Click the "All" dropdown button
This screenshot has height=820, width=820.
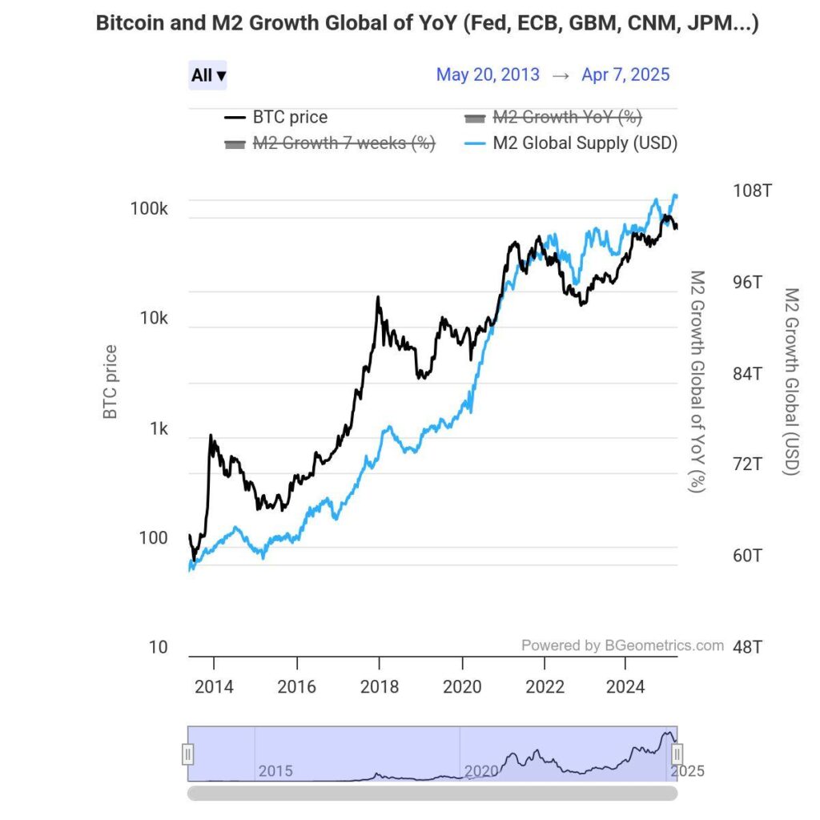[208, 75]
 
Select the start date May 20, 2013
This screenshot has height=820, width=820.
[488, 75]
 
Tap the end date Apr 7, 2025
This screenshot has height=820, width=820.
[625, 75]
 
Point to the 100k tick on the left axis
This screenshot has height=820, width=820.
[149, 209]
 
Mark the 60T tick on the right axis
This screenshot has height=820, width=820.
[748, 555]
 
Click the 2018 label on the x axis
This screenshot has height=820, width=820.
[380, 687]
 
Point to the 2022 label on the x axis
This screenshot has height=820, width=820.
[545, 687]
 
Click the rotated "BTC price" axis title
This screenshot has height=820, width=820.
[111, 382]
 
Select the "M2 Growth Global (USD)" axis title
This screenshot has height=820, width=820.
[791, 382]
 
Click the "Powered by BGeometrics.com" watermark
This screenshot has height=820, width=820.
[622, 645]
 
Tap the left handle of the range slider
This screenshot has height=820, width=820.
[187, 754]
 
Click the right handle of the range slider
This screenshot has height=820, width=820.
[677, 754]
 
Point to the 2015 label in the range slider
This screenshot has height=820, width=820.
[275, 771]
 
